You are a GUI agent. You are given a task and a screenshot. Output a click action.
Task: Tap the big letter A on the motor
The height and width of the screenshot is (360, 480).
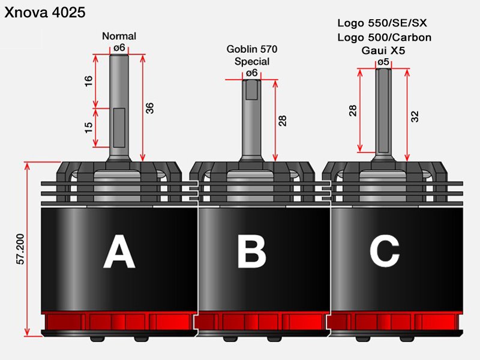click(x=119, y=253)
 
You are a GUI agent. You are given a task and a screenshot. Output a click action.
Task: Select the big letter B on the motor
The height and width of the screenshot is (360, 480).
click(x=251, y=253)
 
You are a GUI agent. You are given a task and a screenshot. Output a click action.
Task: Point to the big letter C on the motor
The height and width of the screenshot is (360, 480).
click(x=385, y=252)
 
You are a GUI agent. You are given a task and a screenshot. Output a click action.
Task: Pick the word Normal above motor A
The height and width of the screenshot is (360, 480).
click(x=119, y=36)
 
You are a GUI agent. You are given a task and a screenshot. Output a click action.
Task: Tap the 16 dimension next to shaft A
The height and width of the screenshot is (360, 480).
click(x=89, y=81)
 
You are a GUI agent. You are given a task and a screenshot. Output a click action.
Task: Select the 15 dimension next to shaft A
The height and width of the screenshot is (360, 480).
click(x=89, y=128)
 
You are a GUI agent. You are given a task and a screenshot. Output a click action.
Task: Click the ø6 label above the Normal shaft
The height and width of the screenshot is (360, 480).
click(x=119, y=47)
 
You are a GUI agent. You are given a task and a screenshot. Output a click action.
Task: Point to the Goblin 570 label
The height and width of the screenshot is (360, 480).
click(x=252, y=49)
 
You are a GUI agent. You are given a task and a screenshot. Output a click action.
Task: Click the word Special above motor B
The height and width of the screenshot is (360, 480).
click(x=252, y=61)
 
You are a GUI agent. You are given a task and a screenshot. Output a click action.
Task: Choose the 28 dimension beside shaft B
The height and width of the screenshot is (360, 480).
click(x=282, y=119)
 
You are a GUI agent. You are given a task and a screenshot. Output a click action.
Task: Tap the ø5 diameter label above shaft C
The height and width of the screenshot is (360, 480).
click(x=383, y=62)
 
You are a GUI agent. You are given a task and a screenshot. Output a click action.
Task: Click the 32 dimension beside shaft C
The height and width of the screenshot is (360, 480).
click(x=415, y=116)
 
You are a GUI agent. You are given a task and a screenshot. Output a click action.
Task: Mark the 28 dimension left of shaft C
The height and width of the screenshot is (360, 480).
click(x=353, y=110)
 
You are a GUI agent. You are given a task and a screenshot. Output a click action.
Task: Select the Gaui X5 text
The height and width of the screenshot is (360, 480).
click(x=383, y=50)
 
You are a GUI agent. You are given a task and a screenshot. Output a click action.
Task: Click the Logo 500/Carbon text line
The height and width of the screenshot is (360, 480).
click(x=384, y=37)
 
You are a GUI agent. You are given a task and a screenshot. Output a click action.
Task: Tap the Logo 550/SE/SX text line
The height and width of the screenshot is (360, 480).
click(x=382, y=24)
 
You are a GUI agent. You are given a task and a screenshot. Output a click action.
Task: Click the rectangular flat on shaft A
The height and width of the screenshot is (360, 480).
click(x=119, y=127)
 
